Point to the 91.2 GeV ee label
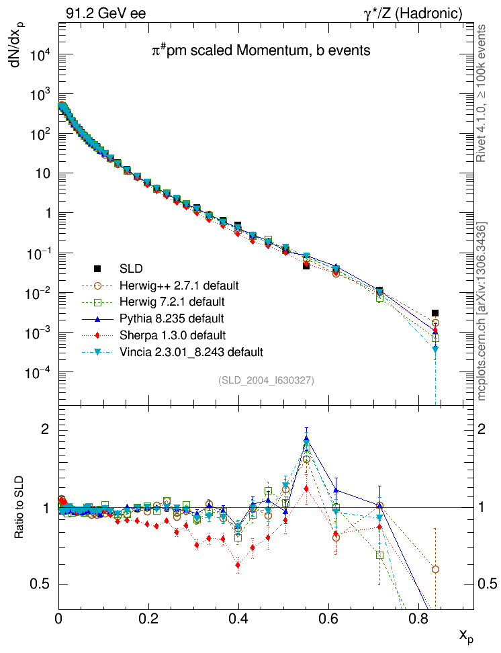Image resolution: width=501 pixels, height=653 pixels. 106,13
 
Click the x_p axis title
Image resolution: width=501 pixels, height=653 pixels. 466,635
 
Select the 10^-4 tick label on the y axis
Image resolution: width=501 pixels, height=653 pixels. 39,373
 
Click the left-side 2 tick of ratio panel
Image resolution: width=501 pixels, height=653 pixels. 47,429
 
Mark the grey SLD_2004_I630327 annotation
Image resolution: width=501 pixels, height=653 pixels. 266,380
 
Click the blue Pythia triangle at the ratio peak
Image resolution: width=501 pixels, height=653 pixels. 306,438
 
